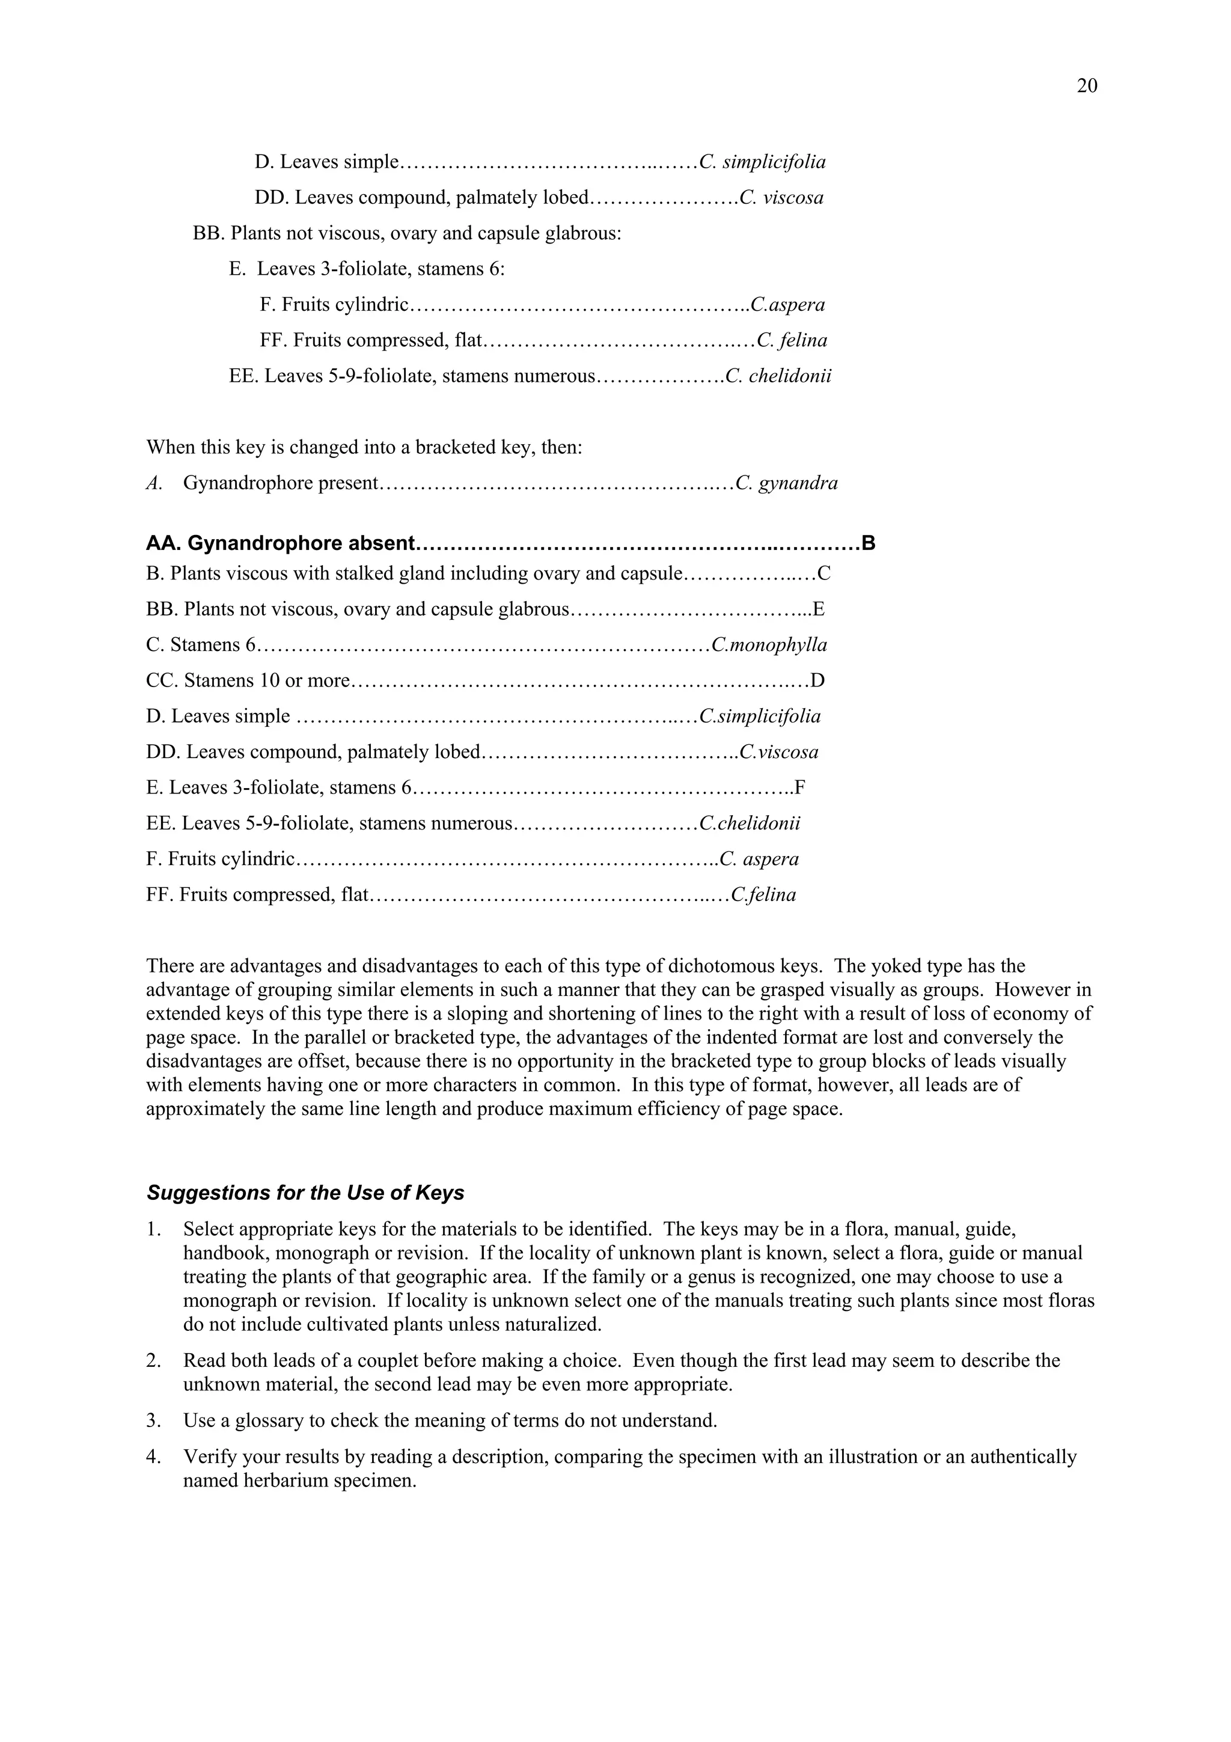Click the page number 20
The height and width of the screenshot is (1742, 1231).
pos(1086,86)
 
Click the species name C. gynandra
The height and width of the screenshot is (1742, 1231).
pos(787,483)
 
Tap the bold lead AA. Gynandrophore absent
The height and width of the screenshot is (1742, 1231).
pos(281,543)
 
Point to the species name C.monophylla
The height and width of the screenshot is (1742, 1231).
pos(769,645)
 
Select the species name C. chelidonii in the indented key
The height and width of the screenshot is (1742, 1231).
pos(778,376)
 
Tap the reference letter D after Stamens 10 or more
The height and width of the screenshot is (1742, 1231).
pos(817,680)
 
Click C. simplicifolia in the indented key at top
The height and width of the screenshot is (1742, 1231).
pos(762,162)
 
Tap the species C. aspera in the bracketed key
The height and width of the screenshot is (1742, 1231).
pos(759,859)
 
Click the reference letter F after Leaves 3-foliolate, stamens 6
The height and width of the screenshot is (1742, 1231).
pos(799,787)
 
